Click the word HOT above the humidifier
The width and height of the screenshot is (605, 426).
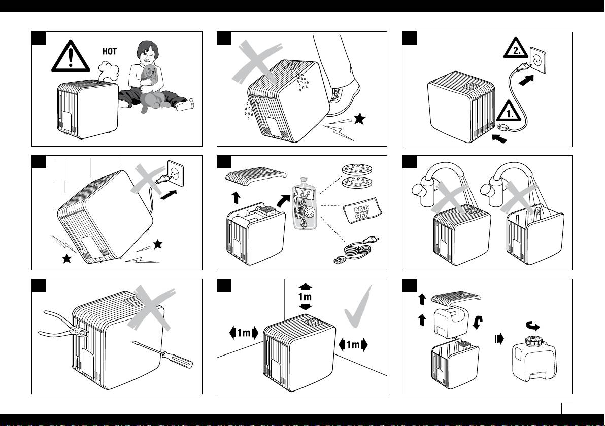[109, 51]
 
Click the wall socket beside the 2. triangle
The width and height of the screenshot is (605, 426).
[541, 58]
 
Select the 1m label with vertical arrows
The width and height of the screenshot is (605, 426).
[306, 296]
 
